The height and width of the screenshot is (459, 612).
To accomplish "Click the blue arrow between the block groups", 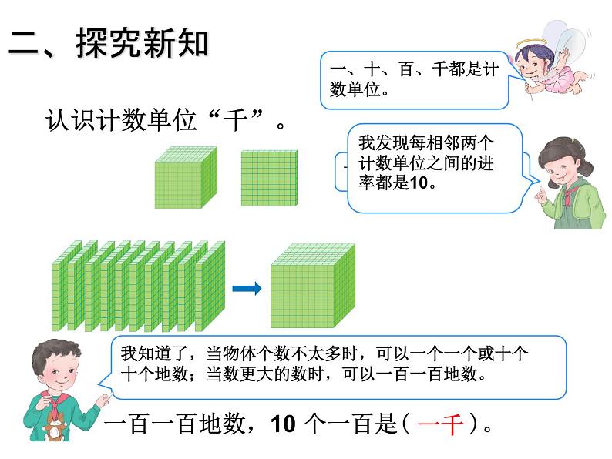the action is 247,289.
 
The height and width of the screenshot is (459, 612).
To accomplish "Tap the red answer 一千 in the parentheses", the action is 440,424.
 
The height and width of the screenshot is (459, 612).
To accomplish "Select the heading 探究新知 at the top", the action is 142,43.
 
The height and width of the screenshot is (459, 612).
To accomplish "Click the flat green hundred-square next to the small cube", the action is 269,178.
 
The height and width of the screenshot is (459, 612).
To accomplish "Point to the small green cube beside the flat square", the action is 186,177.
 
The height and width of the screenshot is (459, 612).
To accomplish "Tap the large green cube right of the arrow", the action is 313,286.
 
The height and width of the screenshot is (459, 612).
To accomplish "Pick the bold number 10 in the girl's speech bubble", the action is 419,183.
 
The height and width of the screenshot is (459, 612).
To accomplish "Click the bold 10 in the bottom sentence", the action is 284,424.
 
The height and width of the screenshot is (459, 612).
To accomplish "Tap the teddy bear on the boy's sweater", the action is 55,426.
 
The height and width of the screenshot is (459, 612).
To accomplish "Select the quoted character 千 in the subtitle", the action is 235,119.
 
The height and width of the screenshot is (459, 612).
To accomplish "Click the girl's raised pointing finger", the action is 540,192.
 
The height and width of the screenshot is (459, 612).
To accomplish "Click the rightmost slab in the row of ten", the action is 210,286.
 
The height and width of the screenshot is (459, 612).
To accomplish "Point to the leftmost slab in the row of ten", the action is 66,286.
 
